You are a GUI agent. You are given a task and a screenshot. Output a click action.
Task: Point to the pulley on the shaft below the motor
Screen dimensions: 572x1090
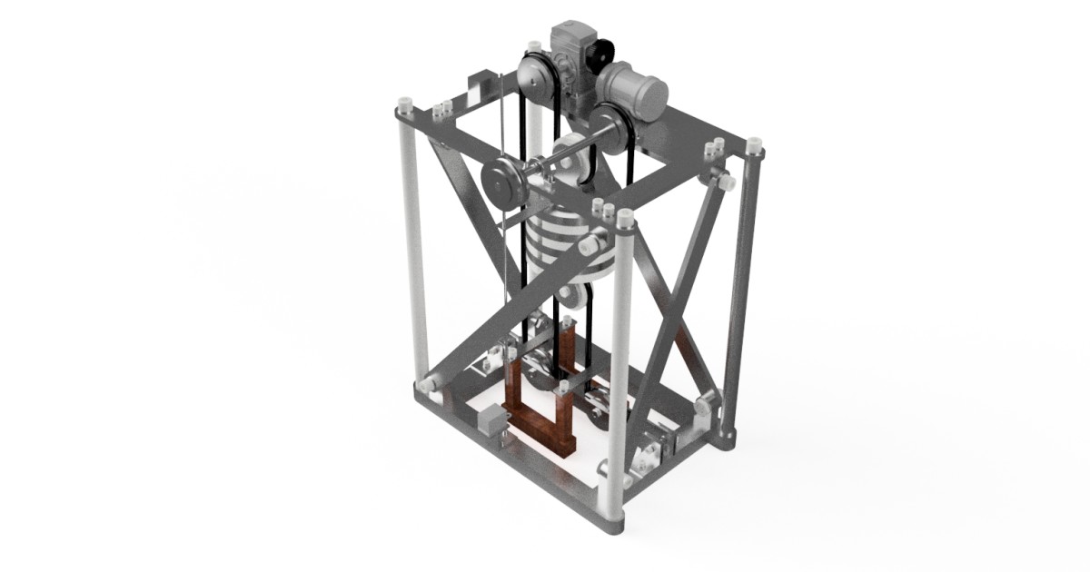(x=611, y=127)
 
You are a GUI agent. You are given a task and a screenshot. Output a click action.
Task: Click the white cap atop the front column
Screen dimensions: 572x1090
(x=624, y=219)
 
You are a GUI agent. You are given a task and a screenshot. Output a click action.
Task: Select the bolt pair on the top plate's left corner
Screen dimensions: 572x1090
(x=442, y=110)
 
